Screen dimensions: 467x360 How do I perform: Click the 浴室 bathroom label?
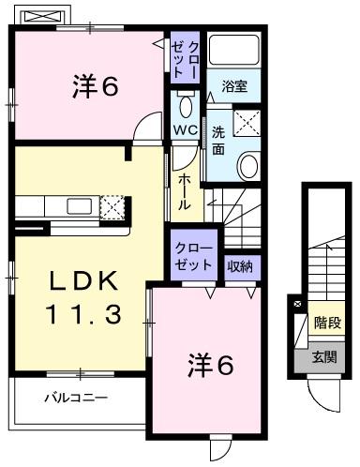tap(234, 86)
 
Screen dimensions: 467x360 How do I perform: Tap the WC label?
tap(184, 129)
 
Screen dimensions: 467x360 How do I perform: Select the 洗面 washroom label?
tap(217, 141)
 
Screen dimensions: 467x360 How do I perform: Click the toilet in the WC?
tap(184, 101)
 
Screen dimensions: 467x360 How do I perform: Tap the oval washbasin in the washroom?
tap(248, 167)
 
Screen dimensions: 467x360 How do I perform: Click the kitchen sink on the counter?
tap(76, 205)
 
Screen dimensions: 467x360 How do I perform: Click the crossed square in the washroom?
tap(248, 123)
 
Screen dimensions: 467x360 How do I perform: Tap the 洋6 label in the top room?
tap(93, 88)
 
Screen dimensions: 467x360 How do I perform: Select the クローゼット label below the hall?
tap(193, 256)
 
